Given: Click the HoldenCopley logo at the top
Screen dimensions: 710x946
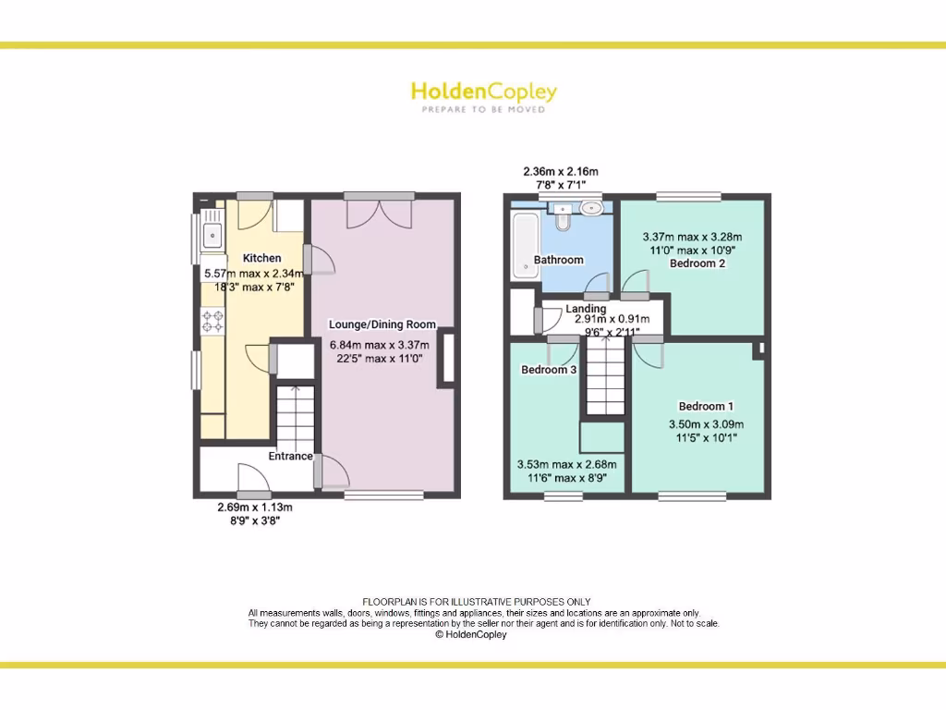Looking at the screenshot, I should coord(483,94).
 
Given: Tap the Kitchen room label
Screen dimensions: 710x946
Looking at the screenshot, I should coord(261,258).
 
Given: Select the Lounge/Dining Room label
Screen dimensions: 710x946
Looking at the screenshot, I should coord(382,324).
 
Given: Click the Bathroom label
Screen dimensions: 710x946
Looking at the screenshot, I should coord(558,260).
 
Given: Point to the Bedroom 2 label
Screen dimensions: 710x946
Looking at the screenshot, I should coord(697,263).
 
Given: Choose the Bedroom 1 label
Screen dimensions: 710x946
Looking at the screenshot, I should coord(706,406).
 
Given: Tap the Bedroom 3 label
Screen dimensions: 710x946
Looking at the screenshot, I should coord(549,370).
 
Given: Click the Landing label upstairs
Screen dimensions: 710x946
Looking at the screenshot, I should coord(586,309).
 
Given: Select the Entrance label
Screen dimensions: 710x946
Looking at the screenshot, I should coord(290,456).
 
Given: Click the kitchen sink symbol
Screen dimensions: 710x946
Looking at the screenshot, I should coord(212,232).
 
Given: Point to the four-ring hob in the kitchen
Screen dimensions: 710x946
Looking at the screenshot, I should coord(212,321).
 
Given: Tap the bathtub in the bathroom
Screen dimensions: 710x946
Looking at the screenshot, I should coord(523,244).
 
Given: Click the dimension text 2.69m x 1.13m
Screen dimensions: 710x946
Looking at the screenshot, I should coord(254,508).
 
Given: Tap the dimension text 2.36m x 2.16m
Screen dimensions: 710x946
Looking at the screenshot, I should coord(560,172).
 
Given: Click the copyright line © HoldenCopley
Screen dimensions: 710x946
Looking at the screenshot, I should coord(471,634).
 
